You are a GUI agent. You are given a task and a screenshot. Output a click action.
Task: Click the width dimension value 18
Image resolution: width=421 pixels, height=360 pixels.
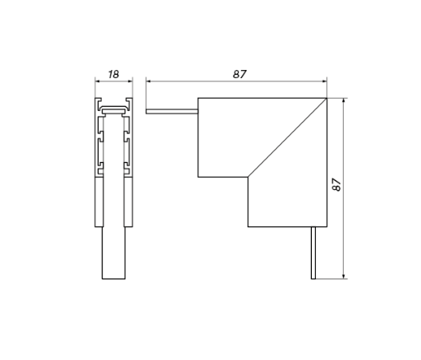point(113,74)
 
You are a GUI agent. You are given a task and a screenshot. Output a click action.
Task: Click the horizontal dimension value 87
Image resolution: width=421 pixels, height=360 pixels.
point(239,74)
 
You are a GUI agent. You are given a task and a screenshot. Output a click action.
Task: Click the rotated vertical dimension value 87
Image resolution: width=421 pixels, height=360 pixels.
point(336,185)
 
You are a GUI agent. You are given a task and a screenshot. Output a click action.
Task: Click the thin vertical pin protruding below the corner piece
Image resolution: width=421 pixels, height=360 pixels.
point(313,252)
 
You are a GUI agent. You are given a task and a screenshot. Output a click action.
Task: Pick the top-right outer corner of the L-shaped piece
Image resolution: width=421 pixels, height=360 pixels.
point(327,99)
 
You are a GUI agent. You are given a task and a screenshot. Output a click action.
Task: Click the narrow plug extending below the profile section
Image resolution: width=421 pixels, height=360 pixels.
point(113,252)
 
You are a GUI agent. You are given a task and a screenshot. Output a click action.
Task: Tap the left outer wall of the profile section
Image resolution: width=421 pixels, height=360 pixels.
point(97,163)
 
